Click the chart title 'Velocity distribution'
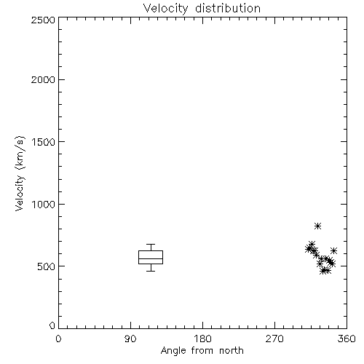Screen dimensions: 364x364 [202, 8]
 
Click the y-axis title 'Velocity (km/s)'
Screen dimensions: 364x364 [20, 173]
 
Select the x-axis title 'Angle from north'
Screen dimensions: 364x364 [202, 351]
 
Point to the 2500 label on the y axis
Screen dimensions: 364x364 [43, 20]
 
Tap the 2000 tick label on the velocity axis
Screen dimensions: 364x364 [43, 79]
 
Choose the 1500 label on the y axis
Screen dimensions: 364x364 [44, 142]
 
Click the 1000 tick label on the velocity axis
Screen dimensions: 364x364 [44, 205]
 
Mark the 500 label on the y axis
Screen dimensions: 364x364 [47, 266]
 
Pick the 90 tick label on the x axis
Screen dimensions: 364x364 [130, 339]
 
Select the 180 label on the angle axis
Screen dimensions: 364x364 [202, 339]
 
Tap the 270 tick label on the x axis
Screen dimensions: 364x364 [274, 339]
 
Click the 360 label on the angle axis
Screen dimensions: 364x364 [347, 339]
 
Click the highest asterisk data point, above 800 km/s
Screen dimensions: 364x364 [317, 226]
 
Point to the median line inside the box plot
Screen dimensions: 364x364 [151, 258]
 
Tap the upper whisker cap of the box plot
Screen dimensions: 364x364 [151, 244]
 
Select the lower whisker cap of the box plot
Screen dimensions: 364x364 [151, 271]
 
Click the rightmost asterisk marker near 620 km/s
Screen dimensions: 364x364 [333, 250]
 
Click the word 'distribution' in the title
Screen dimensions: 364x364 [228, 8]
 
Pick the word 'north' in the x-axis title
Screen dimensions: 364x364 [232, 351]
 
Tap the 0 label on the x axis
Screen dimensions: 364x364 [58, 339]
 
